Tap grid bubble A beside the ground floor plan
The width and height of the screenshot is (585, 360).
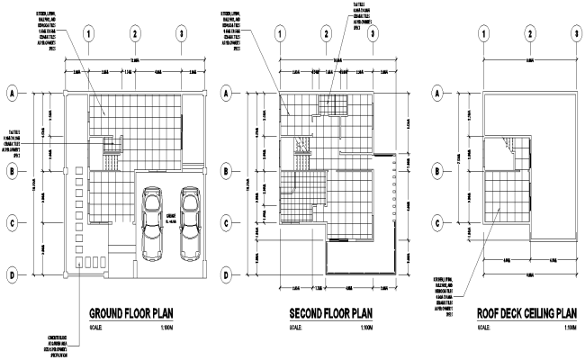(14, 93)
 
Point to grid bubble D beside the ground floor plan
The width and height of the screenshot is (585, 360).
(14, 275)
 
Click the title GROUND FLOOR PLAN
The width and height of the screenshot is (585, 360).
(131, 314)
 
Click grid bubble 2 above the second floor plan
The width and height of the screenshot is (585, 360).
(326, 34)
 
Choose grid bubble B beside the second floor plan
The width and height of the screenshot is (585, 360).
(229, 169)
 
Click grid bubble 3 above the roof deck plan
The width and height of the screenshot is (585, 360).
(574, 34)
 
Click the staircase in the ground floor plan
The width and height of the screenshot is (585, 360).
(112, 147)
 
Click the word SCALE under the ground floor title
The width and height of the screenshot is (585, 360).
(98, 328)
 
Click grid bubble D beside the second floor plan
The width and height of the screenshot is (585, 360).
(229, 275)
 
